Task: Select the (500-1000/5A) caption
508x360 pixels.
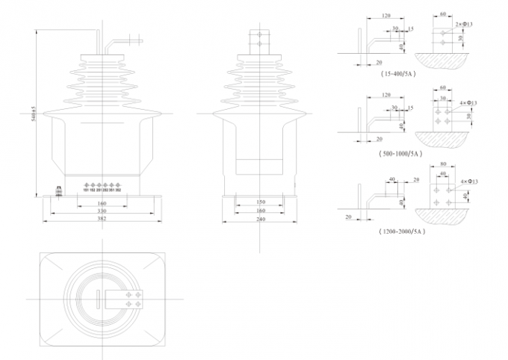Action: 401,153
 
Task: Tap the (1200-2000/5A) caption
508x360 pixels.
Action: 401,232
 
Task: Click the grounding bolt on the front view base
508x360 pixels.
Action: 58,192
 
